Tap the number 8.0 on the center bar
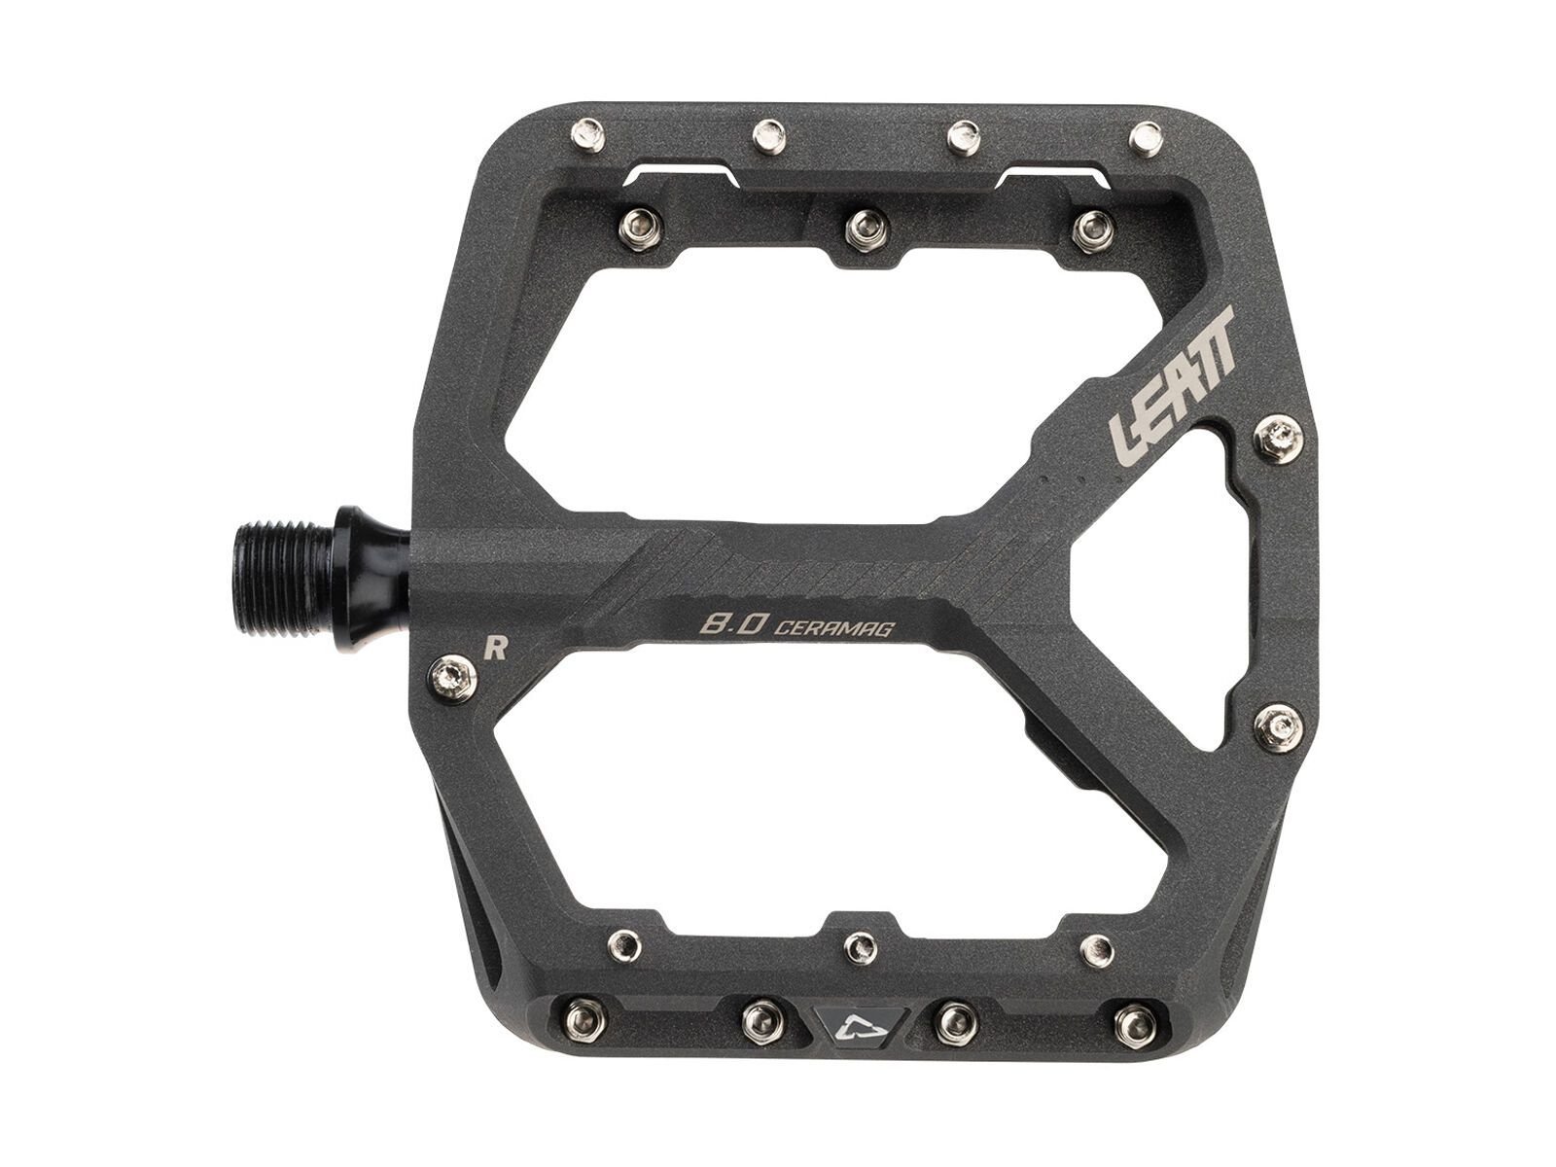[x=722, y=623]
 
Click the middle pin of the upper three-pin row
[x=861, y=228]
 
